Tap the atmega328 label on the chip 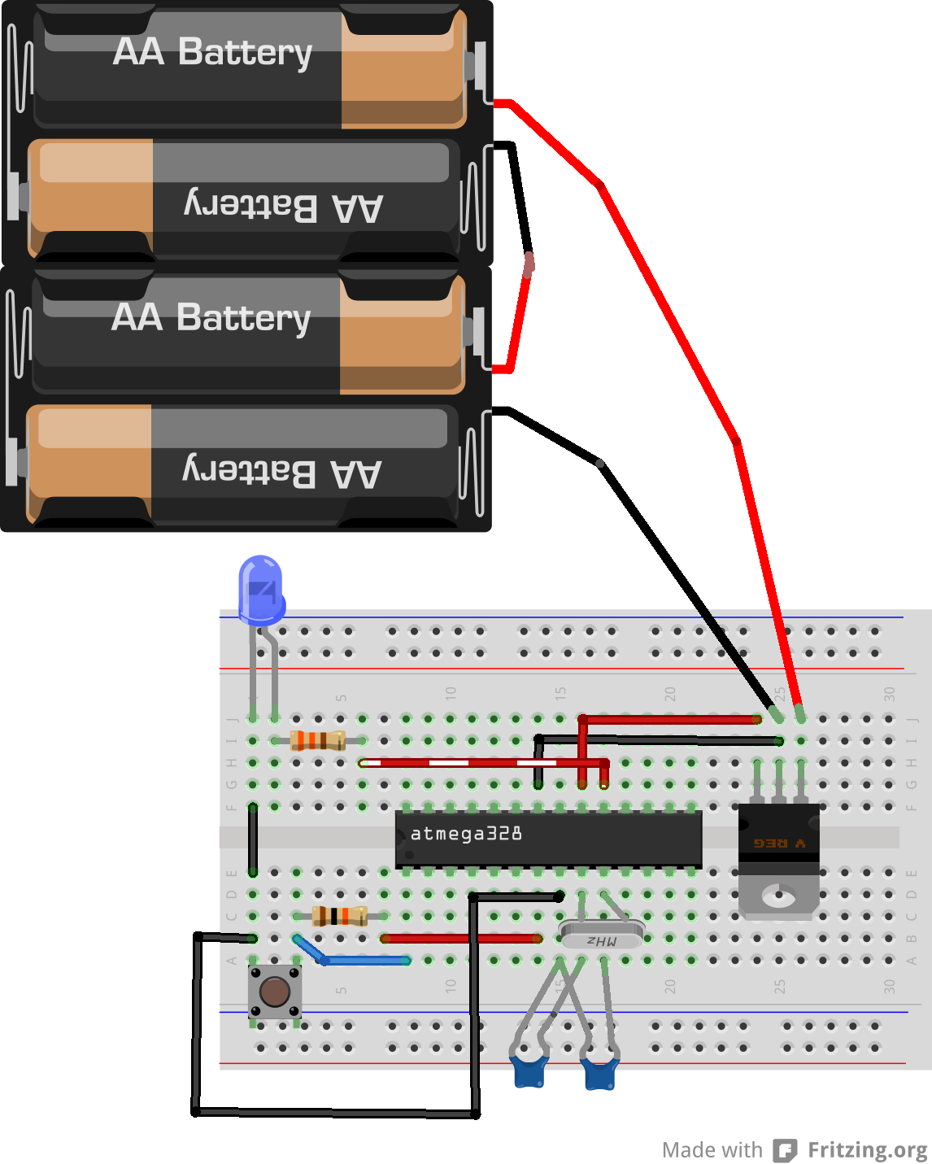(x=466, y=834)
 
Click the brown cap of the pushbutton (x=275, y=992)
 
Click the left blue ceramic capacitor (x=529, y=1071)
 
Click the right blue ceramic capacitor (x=600, y=1074)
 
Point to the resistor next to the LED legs (x=318, y=740)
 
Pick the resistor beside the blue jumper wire (x=340, y=916)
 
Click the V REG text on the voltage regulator (x=778, y=844)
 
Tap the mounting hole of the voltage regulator (x=778, y=896)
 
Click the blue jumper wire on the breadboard (x=358, y=960)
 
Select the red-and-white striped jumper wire (x=472, y=763)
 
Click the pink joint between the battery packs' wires (x=529, y=264)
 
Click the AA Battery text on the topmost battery (x=212, y=52)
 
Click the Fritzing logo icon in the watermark (x=784, y=1150)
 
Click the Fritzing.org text (x=867, y=1150)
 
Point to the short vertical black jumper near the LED (x=253, y=838)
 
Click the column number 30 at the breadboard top (x=889, y=694)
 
